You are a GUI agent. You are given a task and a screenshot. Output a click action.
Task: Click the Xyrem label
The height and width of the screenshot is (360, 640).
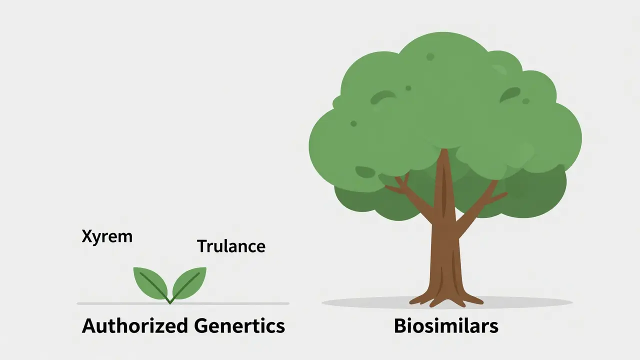point(107,236)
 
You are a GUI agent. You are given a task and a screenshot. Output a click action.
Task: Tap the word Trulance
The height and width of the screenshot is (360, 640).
point(230,246)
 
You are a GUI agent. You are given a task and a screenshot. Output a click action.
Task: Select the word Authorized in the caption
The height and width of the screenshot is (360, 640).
point(134,326)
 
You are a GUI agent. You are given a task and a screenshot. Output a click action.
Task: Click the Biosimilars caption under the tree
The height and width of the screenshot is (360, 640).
point(446,326)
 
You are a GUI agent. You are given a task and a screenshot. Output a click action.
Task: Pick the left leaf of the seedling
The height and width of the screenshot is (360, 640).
point(150,282)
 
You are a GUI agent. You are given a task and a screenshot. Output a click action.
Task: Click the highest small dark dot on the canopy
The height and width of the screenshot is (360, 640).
point(430,57)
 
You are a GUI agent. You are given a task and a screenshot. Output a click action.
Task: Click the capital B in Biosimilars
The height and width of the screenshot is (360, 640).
point(400,326)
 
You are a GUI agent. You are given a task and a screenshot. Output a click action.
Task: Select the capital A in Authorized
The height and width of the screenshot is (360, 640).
point(90,326)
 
